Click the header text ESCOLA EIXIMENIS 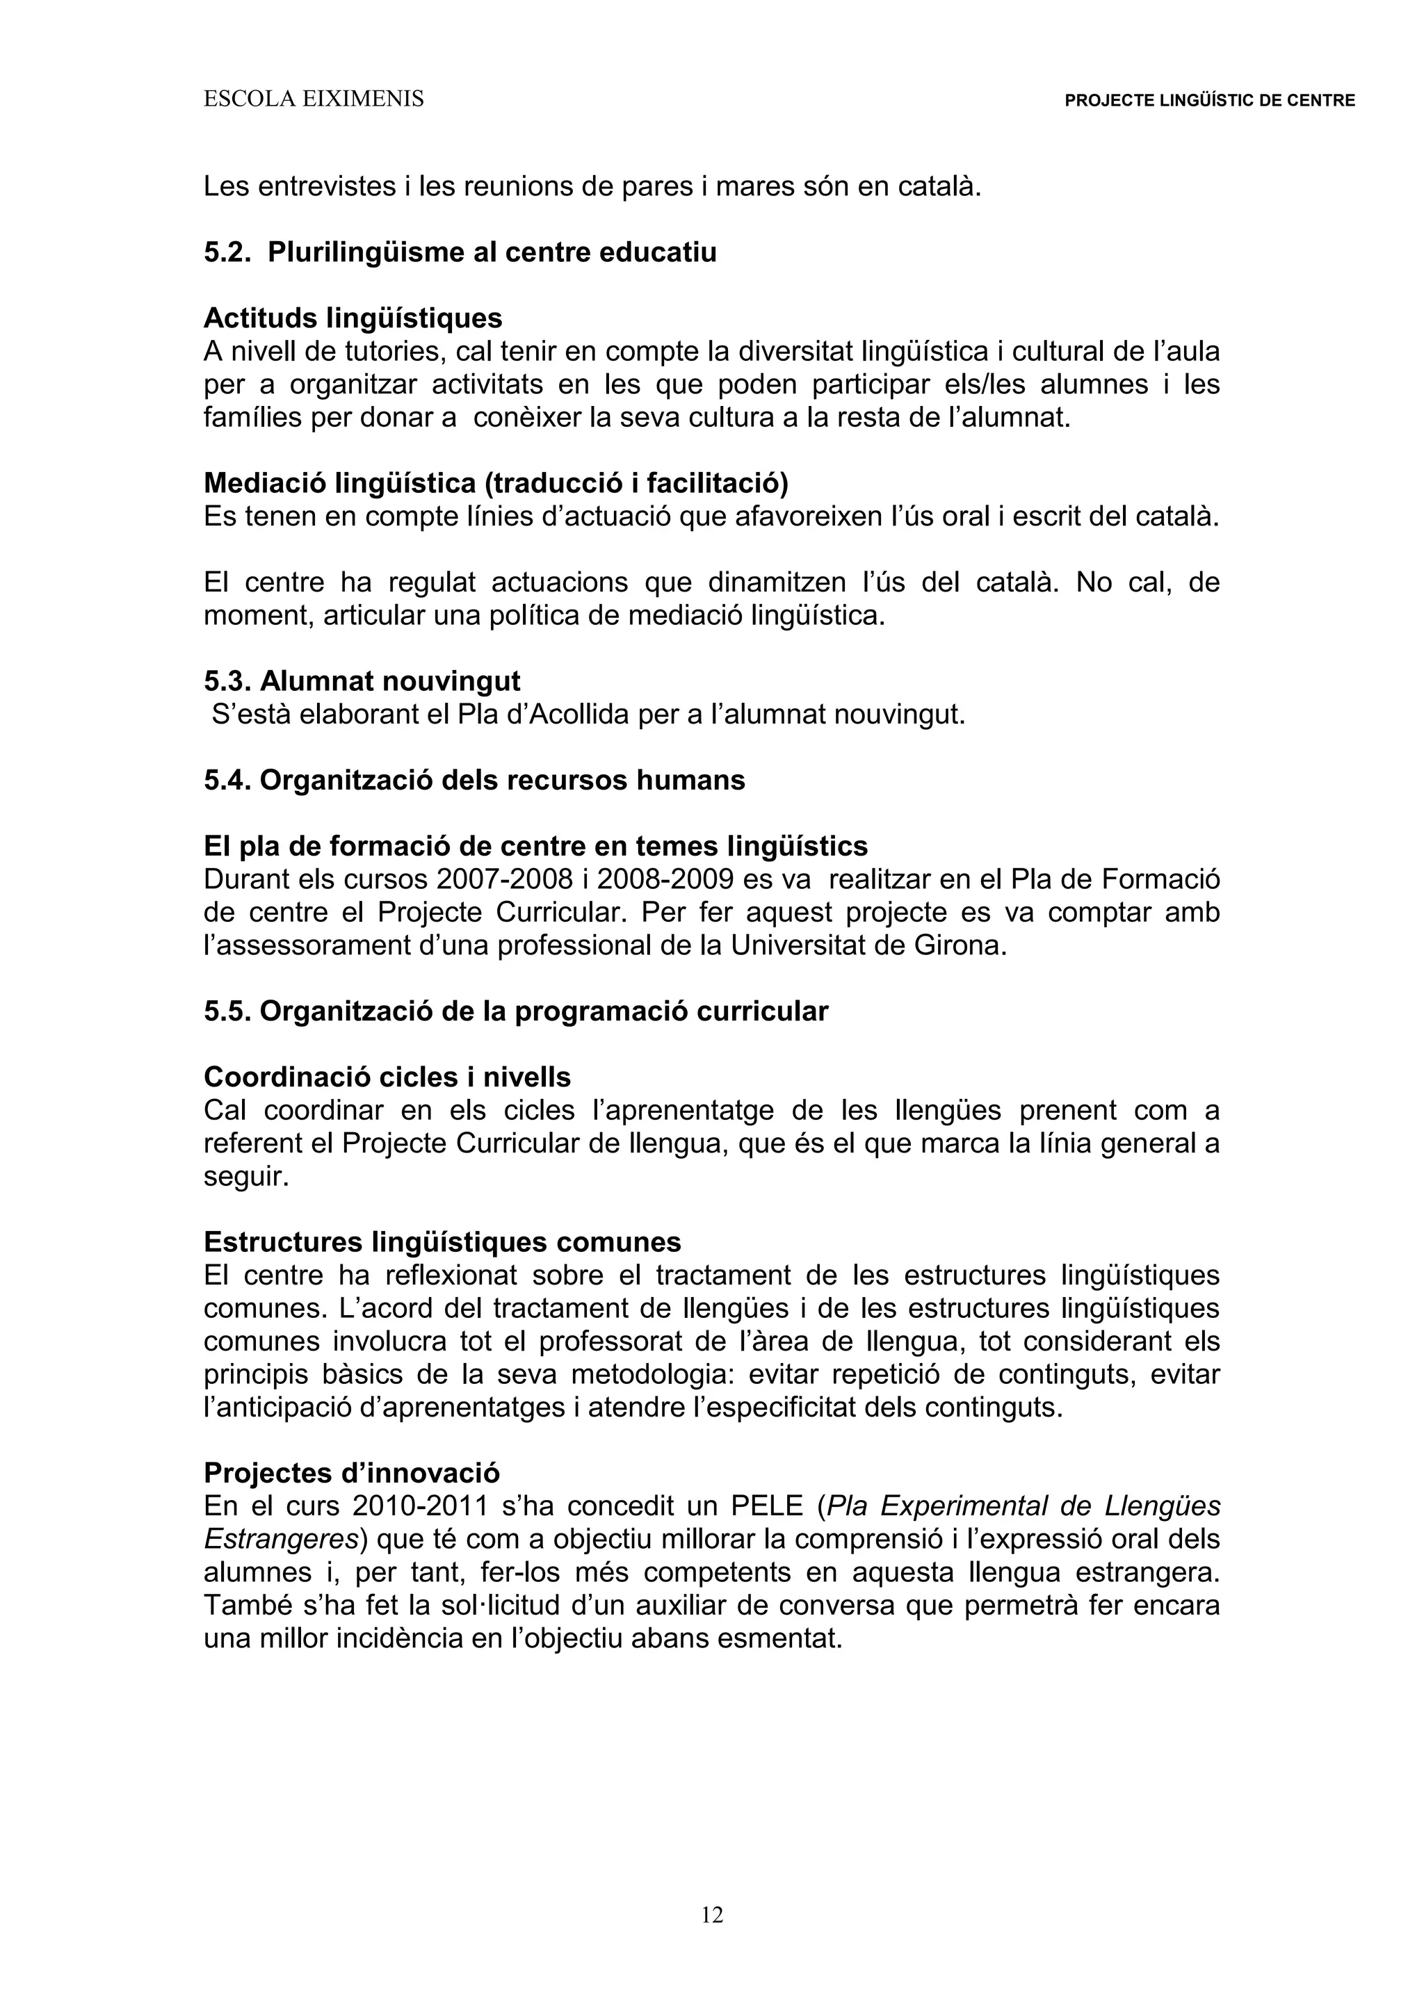click(x=313, y=100)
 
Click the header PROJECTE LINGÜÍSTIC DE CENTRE click(x=1209, y=101)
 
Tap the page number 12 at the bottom click(x=712, y=1916)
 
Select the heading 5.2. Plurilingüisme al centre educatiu click(x=460, y=252)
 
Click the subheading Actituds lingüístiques click(x=353, y=318)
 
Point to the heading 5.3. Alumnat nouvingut click(x=362, y=681)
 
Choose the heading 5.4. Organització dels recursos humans click(x=474, y=781)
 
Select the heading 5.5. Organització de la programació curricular click(x=516, y=1012)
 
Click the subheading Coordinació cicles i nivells click(x=387, y=1077)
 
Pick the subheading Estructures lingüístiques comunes click(x=442, y=1242)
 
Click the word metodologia click(x=640, y=1375)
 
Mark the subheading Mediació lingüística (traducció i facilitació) click(x=496, y=483)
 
